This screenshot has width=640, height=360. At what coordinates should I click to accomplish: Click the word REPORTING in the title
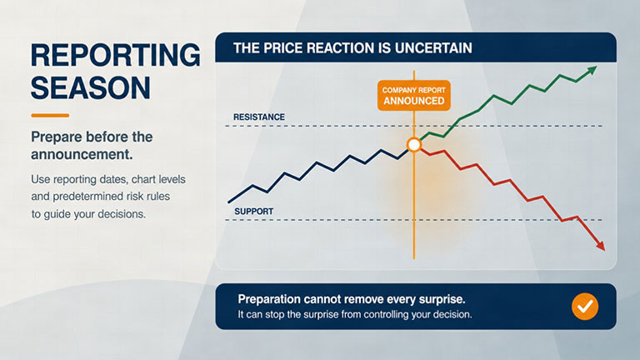coord(116,55)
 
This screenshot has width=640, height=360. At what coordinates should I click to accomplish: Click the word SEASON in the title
coord(91,87)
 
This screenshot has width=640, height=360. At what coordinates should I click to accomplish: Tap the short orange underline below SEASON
coord(50,116)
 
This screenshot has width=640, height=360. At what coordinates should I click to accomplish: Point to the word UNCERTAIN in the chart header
coord(433,48)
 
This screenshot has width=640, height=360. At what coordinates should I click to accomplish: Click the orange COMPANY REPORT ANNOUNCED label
coord(414,96)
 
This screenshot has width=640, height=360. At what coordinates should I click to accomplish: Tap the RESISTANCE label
coord(259,117)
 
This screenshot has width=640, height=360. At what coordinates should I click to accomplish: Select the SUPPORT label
coord(253,212)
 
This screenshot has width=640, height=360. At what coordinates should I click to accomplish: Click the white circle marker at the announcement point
coord(414,144)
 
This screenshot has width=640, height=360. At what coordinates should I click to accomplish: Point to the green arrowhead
coord(592,71)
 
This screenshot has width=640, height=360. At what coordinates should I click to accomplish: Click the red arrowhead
coord(600,245)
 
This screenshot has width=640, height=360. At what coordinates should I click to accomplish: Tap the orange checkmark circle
coord(585,306)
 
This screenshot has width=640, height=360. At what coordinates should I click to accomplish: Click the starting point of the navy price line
coord(229,202)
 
